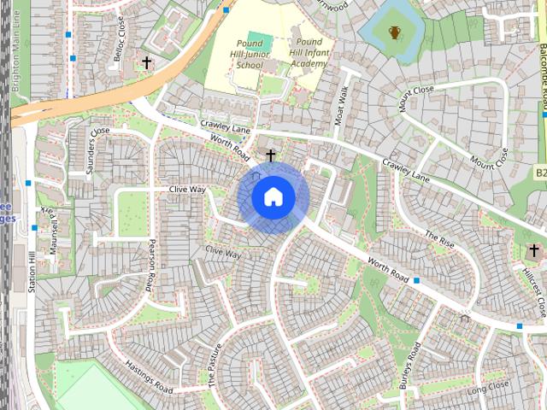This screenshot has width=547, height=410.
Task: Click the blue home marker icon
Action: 273,196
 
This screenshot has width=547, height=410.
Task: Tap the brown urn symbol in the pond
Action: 394,33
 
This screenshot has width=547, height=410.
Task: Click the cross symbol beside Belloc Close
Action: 146,63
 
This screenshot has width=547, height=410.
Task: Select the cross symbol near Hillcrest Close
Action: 533,250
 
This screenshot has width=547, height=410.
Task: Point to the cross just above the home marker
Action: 271,155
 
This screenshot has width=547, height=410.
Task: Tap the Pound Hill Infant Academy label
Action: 309,52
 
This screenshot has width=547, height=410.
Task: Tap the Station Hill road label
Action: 32,269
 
